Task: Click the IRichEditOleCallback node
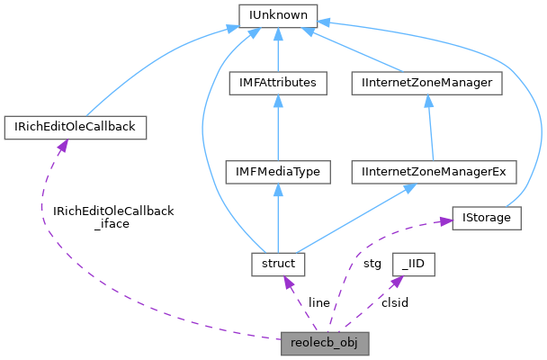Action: (x=76, y=127)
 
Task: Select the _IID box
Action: (x=414, y=264)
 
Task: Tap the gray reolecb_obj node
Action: (x=325, y=343)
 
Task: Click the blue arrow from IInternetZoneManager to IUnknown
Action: (x=360, y=50)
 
